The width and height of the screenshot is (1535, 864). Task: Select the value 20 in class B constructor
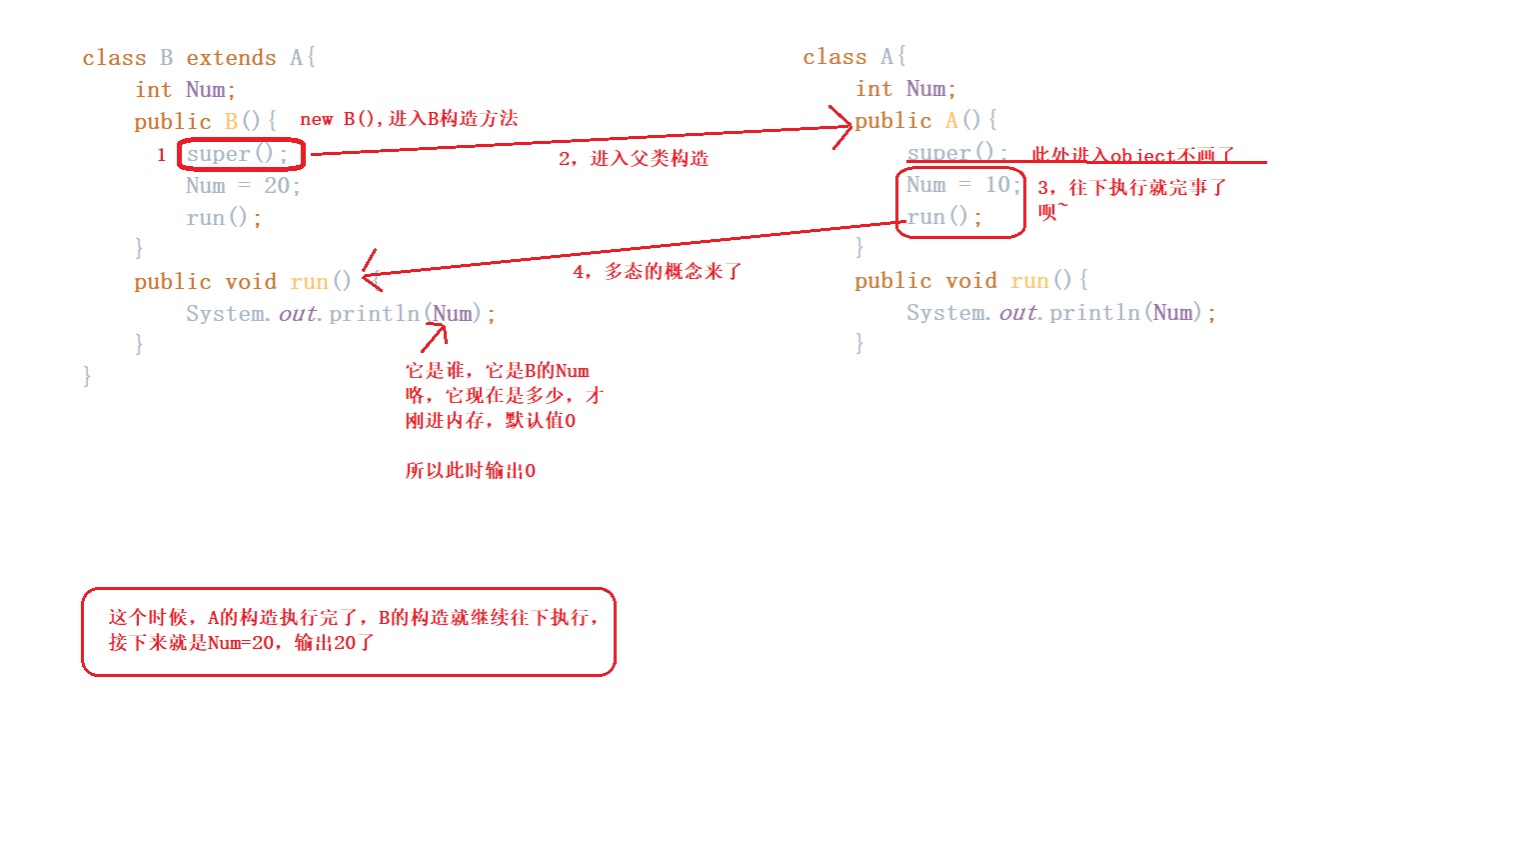point(277,186)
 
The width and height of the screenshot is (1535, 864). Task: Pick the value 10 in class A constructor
point(998,185)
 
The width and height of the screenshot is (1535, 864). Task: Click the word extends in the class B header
point(231,58)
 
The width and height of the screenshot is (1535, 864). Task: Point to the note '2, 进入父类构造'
point(634,158)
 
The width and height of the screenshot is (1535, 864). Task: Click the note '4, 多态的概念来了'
point(657,272)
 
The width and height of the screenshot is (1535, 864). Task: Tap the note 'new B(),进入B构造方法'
point(409,119)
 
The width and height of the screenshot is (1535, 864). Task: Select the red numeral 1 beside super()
point(161,155)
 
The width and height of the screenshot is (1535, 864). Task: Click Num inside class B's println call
point(453,314)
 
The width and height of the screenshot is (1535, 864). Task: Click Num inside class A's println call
point(1173,313)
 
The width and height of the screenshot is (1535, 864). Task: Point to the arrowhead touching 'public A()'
point(842,127)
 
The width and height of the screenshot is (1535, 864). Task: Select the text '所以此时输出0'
point(470,471)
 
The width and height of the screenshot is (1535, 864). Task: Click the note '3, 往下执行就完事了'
point(1131,188)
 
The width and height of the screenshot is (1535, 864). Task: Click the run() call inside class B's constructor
point(223,218)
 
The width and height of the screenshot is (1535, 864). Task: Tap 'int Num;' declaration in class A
point(905,89)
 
